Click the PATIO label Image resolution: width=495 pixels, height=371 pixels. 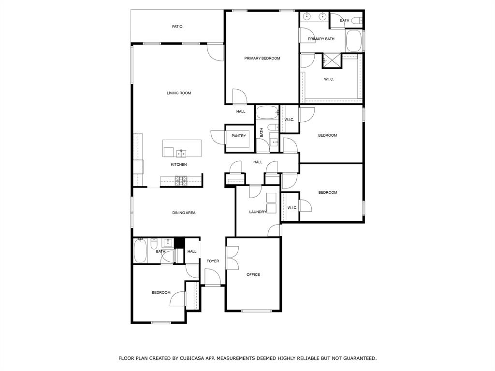tap(177, 27)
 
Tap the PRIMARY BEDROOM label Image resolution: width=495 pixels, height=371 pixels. tap(262, 58)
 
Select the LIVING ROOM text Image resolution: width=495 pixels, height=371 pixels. tap(179, 93)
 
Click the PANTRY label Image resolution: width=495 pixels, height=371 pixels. tap(239, 136)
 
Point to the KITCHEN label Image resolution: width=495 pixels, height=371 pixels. tap(179, 165)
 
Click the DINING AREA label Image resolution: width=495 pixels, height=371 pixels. tap(184, 213)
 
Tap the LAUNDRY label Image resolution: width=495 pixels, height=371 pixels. tap(258, 212)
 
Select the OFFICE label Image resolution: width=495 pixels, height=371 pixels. tap(253, 275)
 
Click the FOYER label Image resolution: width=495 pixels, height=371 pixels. tap(213, 261)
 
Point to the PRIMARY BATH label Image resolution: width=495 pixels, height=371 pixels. tap(321, 39)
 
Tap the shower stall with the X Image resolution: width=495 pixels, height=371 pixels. tap(332, 60)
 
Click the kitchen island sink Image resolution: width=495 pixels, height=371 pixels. tap(181, 154)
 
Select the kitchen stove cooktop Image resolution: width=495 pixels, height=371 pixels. tap(181, 181)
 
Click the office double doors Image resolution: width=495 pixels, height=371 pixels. tap(233, 257)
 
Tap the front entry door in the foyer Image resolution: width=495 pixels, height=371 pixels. tap(213, 277)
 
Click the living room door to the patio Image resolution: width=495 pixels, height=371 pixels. tap(216, 53)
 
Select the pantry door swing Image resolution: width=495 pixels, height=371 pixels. tap(218, 137)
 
